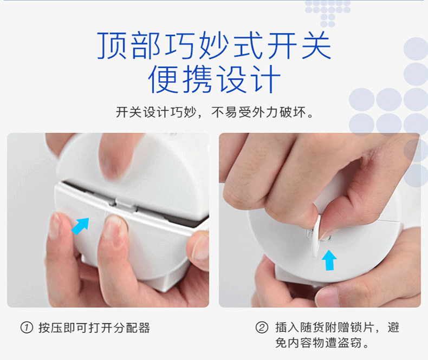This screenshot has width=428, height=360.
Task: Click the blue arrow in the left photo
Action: click(x=80, y=226)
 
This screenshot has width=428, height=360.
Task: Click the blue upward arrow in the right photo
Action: click(x=329, y=261)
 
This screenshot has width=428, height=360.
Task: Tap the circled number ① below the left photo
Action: click(x=26, y=328)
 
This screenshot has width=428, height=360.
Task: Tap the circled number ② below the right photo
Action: click(x=262, y=328)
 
